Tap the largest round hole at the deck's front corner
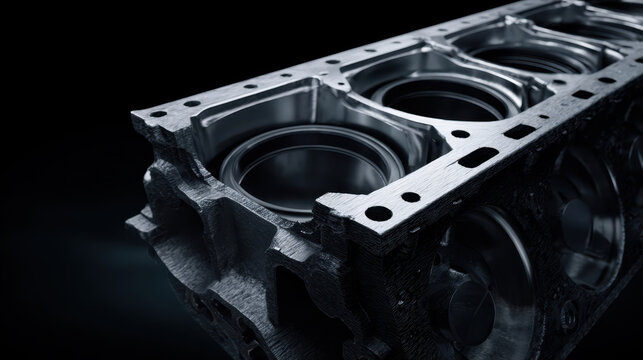pyautogui.click(x=379, y=213)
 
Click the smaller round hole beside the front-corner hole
pyautogui.click(x=409, y=197)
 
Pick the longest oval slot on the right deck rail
pyautogui.click(x=477, y=157)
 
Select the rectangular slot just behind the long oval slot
pyautogui.click(x=520, y=131)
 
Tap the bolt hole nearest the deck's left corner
pyautogui.click(x=157, y=114)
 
